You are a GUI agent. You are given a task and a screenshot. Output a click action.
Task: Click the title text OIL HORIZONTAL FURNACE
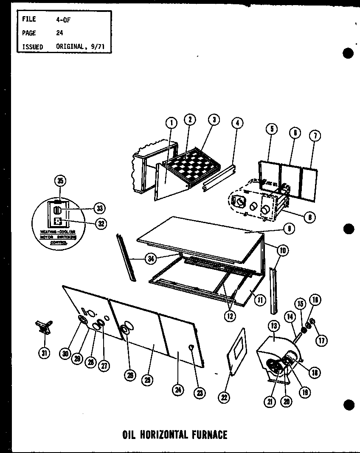174,434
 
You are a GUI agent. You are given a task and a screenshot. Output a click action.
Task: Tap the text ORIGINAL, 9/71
80,46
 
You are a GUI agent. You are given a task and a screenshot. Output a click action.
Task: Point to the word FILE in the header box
29,19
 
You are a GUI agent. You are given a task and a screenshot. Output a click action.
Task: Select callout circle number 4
237,123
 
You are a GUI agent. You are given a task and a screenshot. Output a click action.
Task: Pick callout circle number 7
315,136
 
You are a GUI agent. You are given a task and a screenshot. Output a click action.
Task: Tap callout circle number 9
289,229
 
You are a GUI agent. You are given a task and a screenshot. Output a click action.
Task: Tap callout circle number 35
60,181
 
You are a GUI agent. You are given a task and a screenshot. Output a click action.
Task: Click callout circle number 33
100,208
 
